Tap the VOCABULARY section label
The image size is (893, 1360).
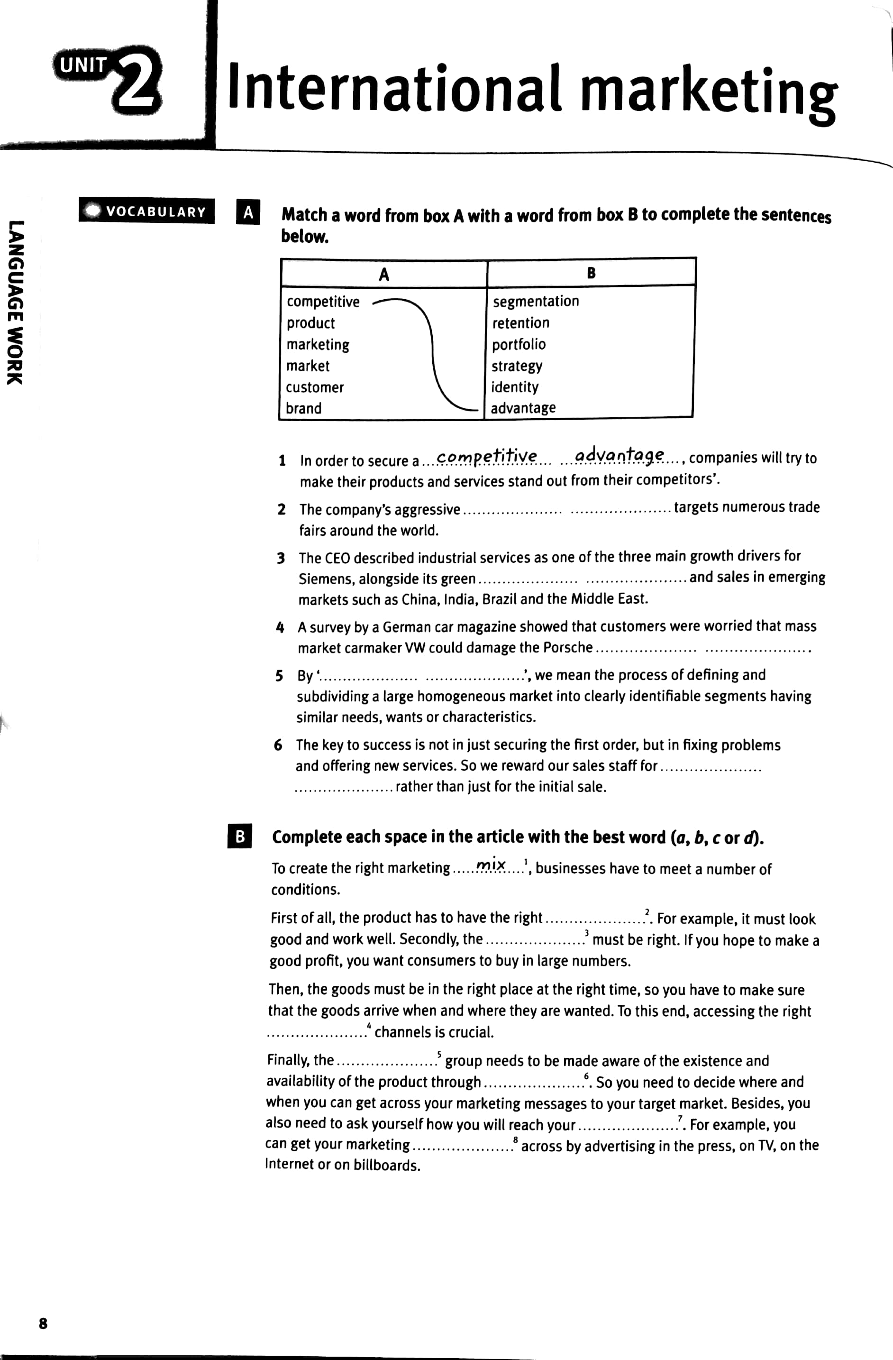147,211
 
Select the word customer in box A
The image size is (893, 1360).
315,387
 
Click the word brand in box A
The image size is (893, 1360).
303,409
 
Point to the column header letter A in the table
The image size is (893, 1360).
383,275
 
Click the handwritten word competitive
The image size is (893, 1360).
486,456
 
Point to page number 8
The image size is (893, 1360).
43,1323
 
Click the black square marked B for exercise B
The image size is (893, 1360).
240,836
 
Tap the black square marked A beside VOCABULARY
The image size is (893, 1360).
248,212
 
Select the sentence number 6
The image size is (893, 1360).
278,745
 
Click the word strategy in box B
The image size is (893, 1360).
517,366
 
